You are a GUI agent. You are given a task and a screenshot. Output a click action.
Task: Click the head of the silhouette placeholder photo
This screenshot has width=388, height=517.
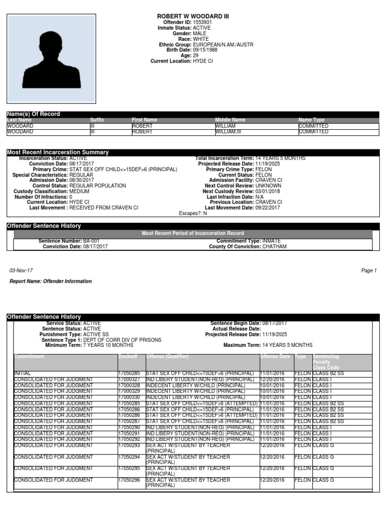click(51, 46)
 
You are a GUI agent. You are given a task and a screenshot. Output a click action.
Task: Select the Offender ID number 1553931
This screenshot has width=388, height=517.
click(202, 23)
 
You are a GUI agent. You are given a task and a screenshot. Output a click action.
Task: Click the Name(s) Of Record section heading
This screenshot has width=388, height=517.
click(33, 114)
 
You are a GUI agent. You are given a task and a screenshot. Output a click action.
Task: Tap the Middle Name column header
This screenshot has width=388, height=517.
click(230, 120)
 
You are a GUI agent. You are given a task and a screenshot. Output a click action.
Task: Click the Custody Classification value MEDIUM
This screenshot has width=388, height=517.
click(80, 191)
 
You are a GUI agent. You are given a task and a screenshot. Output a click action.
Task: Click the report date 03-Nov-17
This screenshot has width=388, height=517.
click(21, 271)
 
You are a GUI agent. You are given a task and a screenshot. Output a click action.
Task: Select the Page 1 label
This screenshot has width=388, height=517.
click(369, 271)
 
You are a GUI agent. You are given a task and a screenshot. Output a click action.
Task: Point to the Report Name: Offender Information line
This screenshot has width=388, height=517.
click(51, 281)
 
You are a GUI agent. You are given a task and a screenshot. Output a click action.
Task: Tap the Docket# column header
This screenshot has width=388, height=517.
click(128, 356)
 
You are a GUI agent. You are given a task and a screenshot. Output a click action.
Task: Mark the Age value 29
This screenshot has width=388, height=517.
click(196, 56)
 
